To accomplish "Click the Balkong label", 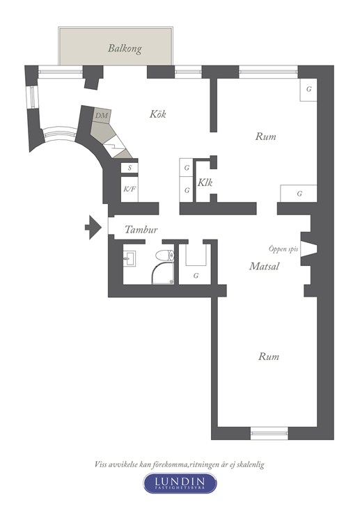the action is coord(125,49).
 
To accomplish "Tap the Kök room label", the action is coord(158,114).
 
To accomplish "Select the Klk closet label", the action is coord(205,182).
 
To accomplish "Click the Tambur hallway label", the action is coord(141,230).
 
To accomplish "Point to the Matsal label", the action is coord(264,266).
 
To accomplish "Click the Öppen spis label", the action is coord(283,249).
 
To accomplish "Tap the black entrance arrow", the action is coord(93,227).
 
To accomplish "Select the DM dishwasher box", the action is coord(102,116).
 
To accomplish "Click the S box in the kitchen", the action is coord(130,168).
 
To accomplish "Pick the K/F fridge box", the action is coord(130,189).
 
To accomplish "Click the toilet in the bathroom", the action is coord(165,256).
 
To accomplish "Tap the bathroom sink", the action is coord(130,259).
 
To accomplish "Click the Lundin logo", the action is coord(180,483).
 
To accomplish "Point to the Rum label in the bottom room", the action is coord(269,357).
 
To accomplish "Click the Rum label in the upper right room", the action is coord(265,136).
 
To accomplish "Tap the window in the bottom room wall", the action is coord(269,433).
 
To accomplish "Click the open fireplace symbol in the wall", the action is coord(308,249).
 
